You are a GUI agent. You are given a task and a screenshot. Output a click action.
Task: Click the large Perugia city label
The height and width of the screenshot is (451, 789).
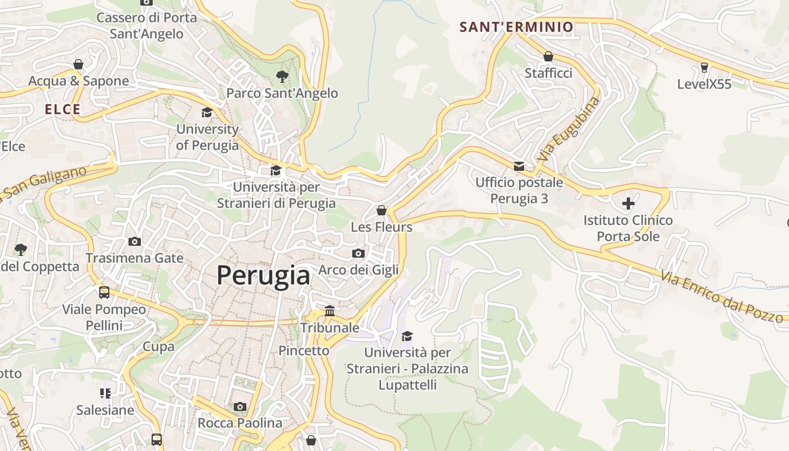pyautogui.click(x=263, y=276)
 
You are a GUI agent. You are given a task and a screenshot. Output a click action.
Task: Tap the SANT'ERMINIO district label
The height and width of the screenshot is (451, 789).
pyautogui.click(x=516, y=26)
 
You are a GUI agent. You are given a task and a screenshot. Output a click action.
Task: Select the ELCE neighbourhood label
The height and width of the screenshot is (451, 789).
pyautogui.click(x=63, y=109)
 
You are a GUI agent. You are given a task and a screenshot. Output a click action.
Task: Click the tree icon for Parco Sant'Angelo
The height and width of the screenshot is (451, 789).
pyautogui.click(x=282, y=76)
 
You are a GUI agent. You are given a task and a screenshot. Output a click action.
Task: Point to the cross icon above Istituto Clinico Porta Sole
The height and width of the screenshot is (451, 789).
pyautogui.click(x=628, y=203)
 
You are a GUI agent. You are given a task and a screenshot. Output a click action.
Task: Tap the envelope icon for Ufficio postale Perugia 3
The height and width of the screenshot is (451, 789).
pyautogui.click(x=519, y=166)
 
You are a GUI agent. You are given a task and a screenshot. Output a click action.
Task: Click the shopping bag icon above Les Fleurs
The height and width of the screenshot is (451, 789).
pyautogui.click(x=382, y=210)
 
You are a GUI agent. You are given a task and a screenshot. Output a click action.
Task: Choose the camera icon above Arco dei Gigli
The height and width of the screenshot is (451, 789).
pyautogui.click(x=358, y=253)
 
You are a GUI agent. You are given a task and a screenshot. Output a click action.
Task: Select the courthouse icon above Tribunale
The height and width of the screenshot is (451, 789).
pyautogui.click(x=330, y=311)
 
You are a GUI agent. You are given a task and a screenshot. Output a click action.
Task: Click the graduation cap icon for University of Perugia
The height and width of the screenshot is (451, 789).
pyautogui.click(x=207, y=112)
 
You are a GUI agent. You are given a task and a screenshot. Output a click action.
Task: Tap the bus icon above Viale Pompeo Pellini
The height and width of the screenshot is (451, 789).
pyautogui.click(x=104, y=293)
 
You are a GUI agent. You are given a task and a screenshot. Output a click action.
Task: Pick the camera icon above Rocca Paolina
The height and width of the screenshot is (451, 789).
pyautogui.click(x=240, y=406)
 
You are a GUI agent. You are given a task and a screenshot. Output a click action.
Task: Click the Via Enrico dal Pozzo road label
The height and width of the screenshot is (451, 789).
pyautogui.click(x=722, y=297)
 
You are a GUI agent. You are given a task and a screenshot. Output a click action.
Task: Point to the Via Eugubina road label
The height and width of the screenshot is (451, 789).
pyautogui.click(x=568, y=130)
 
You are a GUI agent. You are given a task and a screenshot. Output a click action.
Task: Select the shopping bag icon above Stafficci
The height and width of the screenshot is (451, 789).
pyautogui.click(x=548, y=56)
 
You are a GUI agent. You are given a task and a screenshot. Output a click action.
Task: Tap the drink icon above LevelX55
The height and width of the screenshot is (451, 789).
pyautogui.click(x=704, y=68)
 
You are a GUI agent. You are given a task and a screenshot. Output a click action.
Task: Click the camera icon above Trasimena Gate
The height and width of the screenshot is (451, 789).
pyautogui.click(x=135, y=241)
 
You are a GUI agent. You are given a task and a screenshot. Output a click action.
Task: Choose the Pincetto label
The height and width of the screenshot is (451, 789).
pyautogui.click(x=304, y=351)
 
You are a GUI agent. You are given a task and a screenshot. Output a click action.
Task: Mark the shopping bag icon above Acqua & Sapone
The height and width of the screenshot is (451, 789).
pyautogui.click(x=78, y=64)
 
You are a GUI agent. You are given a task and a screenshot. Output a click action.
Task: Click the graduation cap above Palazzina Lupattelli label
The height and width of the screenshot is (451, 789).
pyautogui.click(x=407, y=337)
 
